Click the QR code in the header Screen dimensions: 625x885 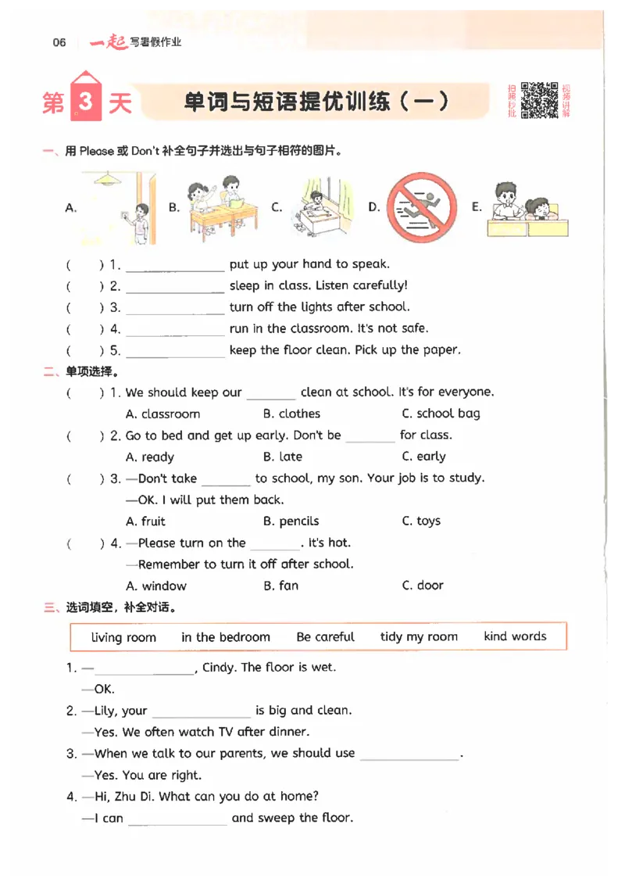(x=539, y=100)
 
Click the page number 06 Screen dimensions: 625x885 (x=59, y=42)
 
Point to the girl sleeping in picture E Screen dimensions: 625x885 (x=539, y=209)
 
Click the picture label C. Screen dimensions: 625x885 (x=277, y=207)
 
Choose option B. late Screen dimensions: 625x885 (x=283, y=457)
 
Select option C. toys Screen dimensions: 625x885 (x=421, y=521)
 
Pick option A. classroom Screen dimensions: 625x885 (x=162, y=414)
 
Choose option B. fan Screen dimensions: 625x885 (x=280, y=586)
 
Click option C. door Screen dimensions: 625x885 (x=423, y=586)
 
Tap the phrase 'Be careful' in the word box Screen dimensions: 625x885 (x=326, y=636)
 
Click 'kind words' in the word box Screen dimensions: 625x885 (x=515, y=636)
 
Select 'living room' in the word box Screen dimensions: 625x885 (x=123, y=637)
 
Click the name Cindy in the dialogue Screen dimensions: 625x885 (x=218, y=668)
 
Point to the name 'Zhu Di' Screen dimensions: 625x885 (x=133, y=797)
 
